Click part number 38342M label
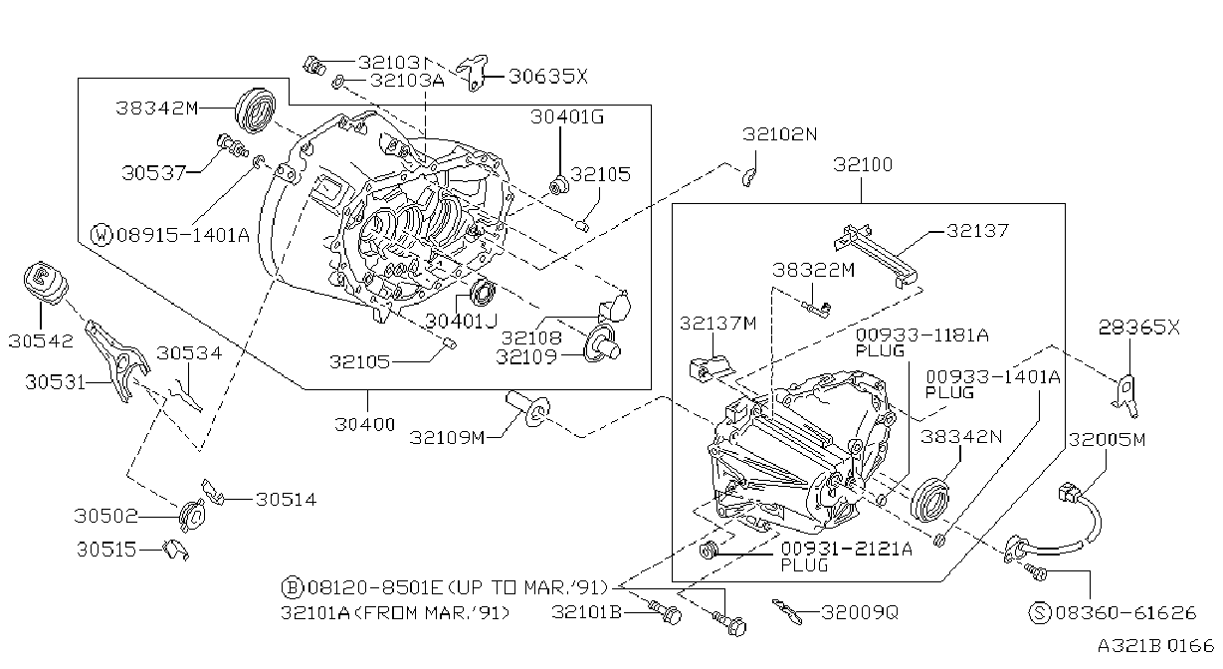pyautogui.click(x=156, y=109)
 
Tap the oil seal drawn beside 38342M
pyautogui.click(x=255, y=111)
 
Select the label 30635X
pyautogui.click(x=547, y=77)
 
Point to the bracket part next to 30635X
pyautogui.click(x=472, y=74)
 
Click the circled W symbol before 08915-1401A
pyautogui.click(x=102, y=235)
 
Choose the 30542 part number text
pyautogui.click(x=41, y=341)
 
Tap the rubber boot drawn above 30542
pyautogui.click(x=46, y=283)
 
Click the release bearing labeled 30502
pyautogui.click(x=193, y=515)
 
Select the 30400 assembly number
pyautogui.click(x=364, y=424)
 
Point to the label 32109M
pyautogui.click(x=447, y=437)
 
